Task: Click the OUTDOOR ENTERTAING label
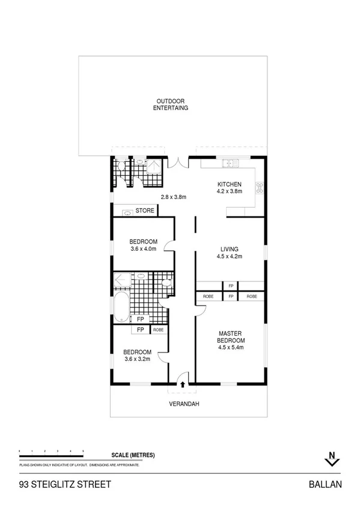[172, 105]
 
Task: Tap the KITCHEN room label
[229, 184]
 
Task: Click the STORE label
[144, 211]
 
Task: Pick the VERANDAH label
[183, 404]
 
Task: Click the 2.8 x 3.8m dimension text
[174, 197]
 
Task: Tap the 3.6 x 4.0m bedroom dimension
[143, 249]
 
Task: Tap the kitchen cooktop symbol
[260, 188]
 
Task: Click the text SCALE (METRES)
[133, 455]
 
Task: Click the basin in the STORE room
[127, 212]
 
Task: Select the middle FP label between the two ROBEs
[231, 296]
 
